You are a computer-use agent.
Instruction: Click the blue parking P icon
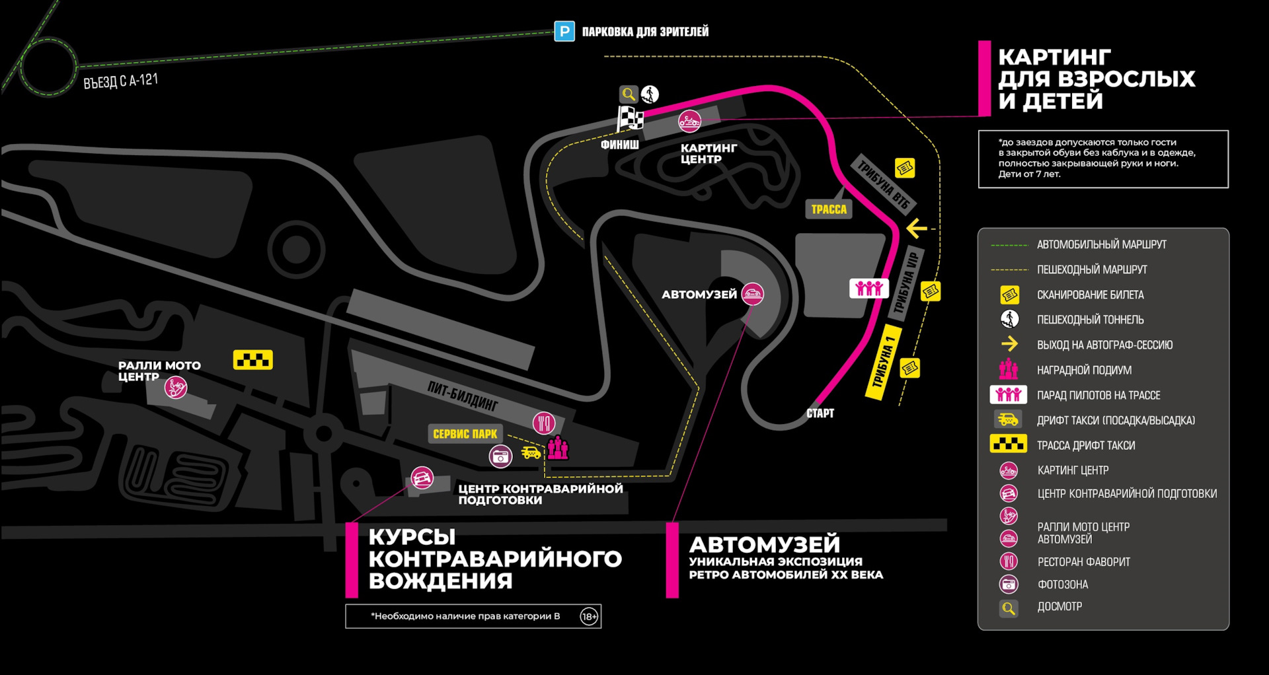point(564,31)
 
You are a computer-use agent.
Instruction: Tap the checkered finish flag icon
point(630,120)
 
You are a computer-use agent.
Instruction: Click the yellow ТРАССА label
point(829,209)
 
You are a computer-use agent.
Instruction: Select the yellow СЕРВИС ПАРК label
point(465,434)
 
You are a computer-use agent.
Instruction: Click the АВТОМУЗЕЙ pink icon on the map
point(752,293)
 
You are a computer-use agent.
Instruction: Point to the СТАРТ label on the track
point(820,413)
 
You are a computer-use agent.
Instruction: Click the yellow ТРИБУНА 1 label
point(883,362)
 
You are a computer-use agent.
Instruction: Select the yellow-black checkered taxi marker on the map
point(252,360)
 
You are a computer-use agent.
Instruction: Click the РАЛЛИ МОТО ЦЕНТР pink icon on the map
point(176,387)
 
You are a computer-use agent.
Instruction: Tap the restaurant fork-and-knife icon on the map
point(544,423)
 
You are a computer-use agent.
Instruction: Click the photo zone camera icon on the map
point(500,456)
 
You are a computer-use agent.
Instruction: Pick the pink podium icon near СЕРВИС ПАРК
point(558,448)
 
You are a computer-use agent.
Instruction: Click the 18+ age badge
point(589,616)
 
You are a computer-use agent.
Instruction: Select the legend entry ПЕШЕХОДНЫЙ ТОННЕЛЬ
point(1090,320)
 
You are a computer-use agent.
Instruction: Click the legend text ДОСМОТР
point(1059,607)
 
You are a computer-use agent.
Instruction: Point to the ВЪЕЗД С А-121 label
point(120,81)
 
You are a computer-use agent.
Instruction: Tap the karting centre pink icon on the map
point(689,122)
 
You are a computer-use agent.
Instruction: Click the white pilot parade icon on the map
point(868,288)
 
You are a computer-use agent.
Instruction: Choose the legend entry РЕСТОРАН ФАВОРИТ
point(1083,562)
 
